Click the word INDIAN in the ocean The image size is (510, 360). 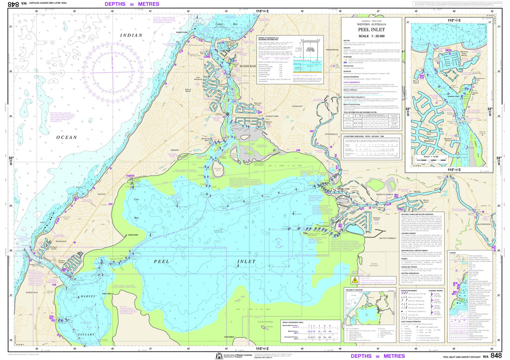(131, 35)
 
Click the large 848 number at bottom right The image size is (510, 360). (496, 355)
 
